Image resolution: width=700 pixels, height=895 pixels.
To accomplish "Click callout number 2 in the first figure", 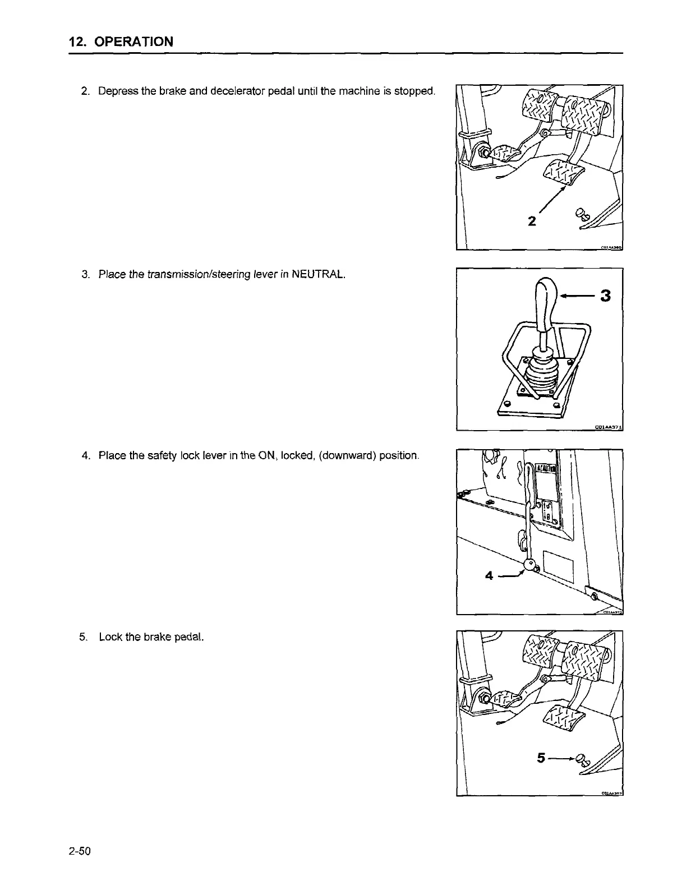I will click(x=532, y=220).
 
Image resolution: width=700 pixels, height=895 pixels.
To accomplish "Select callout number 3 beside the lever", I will click(x=604, y=296).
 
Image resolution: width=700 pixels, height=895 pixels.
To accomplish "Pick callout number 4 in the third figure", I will click(x=490, y=576).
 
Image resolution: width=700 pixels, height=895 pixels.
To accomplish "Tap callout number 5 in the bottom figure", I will click(x=541, y=758).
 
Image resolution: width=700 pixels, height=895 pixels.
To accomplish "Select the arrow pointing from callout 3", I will click(x=577, y=296).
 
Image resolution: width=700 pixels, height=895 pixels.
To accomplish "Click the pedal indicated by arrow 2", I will click(x=564, y=173).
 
